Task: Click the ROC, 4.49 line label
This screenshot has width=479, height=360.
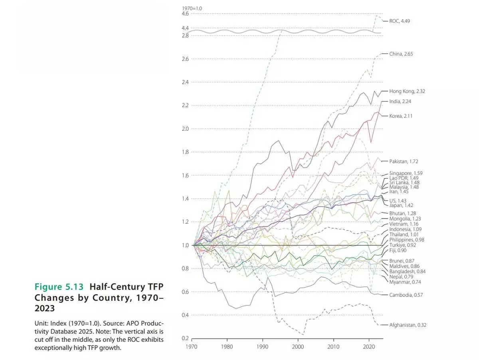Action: click(399, 21)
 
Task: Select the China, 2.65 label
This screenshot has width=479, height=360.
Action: click(401, 54)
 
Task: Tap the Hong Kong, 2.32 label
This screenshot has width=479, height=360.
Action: click(407, 91)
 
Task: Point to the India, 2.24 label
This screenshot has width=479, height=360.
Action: click(400, 101)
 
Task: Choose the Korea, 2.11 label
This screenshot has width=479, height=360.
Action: click(401, 116)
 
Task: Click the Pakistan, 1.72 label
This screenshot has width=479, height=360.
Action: click(404, 161)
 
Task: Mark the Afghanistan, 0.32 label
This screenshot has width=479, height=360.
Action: click(408, 325)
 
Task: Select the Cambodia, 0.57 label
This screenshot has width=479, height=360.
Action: click(406, 295)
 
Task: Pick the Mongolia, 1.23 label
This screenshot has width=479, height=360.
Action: click(405, 219)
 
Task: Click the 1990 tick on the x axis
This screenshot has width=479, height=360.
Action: click(263, 346)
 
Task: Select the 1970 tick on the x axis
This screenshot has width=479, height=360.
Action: click(192, 346)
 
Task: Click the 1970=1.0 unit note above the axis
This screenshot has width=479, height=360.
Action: click(192, 8)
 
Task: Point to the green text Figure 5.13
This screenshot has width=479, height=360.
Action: click(59, 287)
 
